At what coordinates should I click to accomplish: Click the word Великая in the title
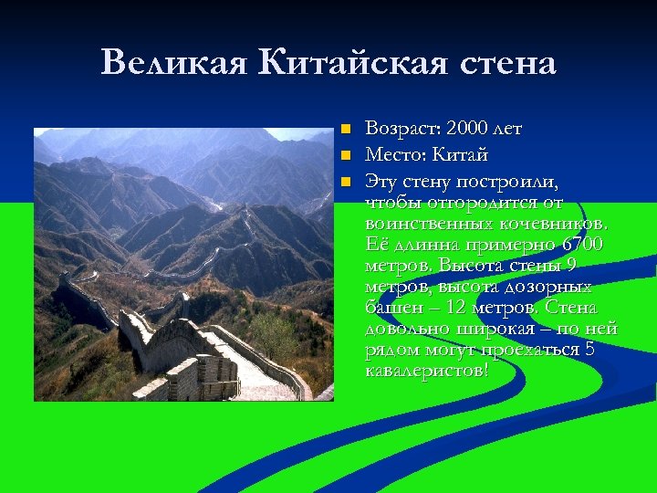tap(174, 63)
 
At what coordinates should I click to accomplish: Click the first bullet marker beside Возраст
tap(345, 130)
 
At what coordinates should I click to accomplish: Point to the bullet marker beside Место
tap(345, 155)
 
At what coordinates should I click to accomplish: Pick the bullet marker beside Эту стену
tap(345, 181)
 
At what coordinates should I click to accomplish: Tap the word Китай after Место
tap(461, 154)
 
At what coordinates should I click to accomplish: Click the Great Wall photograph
tap(183, 264)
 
